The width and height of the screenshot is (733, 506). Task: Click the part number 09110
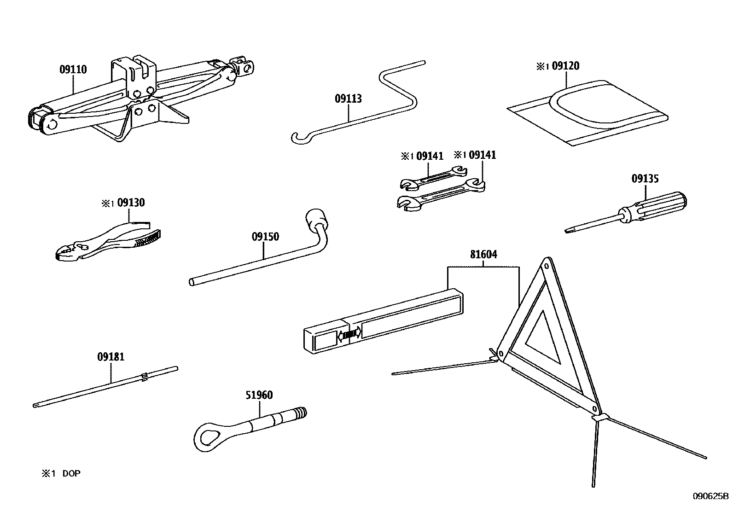(x=73, y=70)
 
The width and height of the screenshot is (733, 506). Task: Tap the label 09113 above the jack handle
(x=348, y=99)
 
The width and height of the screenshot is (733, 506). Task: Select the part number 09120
(x=565, y=66)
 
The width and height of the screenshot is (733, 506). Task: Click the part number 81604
(x=483, y=254)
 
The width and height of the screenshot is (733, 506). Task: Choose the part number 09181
(x=111, y=356)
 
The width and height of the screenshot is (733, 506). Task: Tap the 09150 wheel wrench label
(x=265, y=237)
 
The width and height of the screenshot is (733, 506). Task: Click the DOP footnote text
(x=71, y=473)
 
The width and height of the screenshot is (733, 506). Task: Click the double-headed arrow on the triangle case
(x=349, y=335)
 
